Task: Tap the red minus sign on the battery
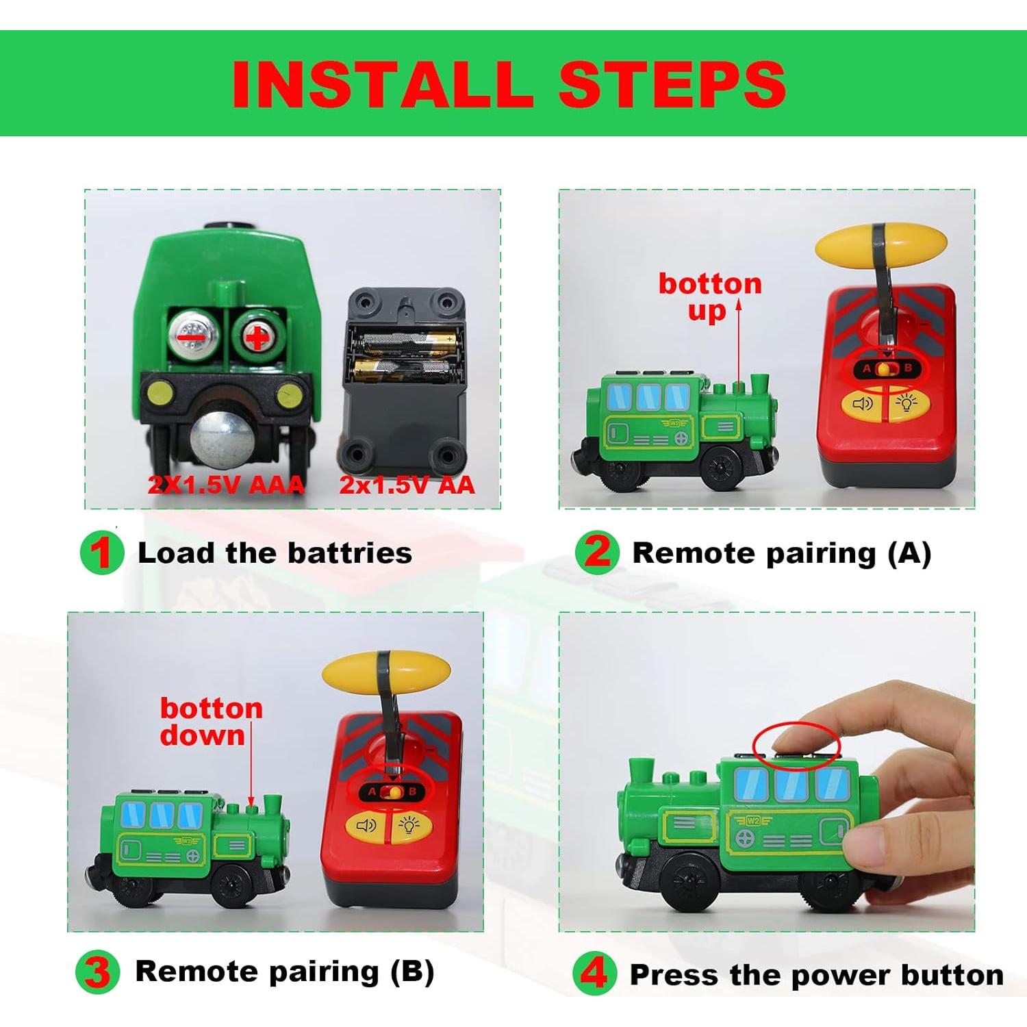click(x=191, y=337)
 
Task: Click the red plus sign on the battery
click(x=257, y=337)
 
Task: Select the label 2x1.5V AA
click(x=407, y=485)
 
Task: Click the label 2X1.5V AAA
click(x=226, y=485)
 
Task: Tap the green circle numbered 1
click(x=101, y=553)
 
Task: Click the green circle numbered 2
click(x=597, y=552)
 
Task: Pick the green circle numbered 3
click(x=97, y=972)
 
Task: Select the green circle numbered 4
click(x=594, y=973)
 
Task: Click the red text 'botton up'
click(x=709, y=296)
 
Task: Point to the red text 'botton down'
click(x=210, y=722)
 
